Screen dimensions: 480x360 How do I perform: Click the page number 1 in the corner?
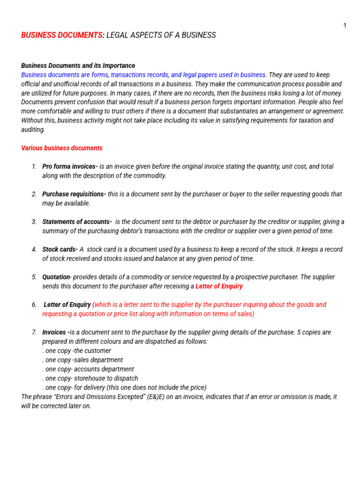tap(345, 26)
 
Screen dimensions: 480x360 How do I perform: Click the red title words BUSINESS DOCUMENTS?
tap(62, 36)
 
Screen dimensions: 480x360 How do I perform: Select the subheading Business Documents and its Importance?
tap(78, 66)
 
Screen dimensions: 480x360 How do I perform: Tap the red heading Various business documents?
tap(62, 148)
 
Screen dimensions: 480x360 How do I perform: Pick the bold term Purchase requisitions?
tap(74, 194)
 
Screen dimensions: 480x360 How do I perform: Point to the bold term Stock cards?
tap(60, 249)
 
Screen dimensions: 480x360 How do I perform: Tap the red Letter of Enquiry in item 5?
tap(219, 286)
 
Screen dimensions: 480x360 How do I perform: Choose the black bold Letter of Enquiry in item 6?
tap(67, 305)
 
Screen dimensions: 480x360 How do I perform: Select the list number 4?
tap(34, 249)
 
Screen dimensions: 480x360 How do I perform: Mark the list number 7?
tap(34, 332)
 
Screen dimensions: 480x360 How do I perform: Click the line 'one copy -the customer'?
tap(77, 351)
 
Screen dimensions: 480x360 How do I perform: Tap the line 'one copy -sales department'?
tap(83, 360)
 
